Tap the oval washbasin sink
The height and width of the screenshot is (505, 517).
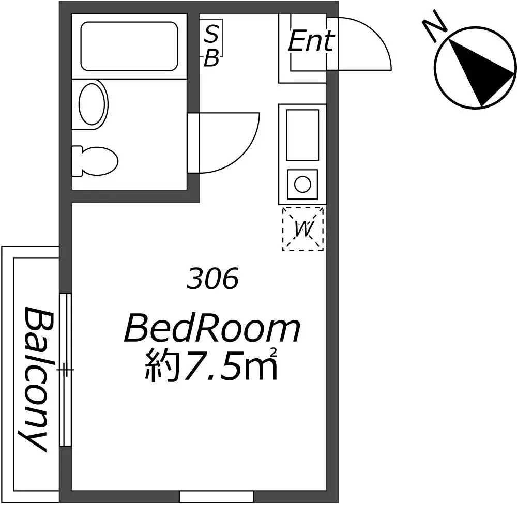point(93,104)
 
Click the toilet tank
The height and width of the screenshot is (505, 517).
point(77,161)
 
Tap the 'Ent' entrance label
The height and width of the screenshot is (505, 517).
point(312,41)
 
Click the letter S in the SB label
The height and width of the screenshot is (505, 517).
point(211,34)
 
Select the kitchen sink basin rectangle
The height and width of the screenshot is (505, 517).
point(302,135)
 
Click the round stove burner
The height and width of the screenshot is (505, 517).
point(302,184)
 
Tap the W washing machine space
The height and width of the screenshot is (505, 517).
point(302,229)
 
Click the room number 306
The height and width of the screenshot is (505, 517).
point(212,279)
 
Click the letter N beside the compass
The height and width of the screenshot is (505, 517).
point(435,26)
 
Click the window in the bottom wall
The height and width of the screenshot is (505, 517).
point(216,496)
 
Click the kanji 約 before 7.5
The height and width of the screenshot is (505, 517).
point(161,365)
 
